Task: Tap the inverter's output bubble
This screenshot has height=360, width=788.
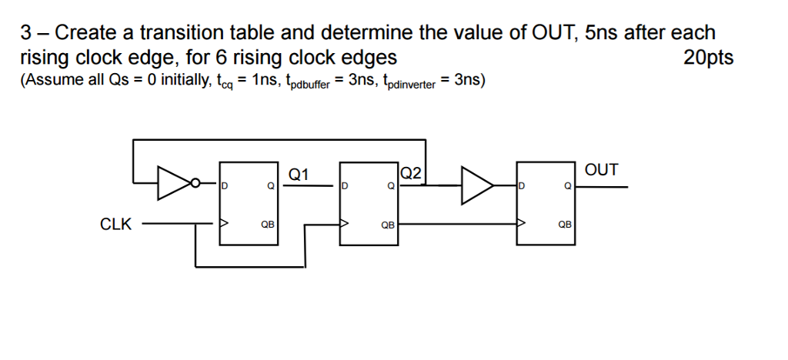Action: tap(195, 184)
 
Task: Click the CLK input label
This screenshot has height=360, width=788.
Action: tap(115, 225)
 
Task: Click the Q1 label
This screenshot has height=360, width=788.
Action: tap(299, 175)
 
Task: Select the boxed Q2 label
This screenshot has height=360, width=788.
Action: tap(412, 174)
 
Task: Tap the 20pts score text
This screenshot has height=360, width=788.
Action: tap(708, 58)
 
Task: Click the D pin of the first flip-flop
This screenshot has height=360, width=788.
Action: tap(225, 186)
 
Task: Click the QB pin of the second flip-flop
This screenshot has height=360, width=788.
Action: tap(388, 225)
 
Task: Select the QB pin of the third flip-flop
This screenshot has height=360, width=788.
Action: tap(564, 225)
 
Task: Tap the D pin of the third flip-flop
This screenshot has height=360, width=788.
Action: tap(523, 186)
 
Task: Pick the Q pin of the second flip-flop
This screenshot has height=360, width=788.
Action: tap(390, 186)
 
